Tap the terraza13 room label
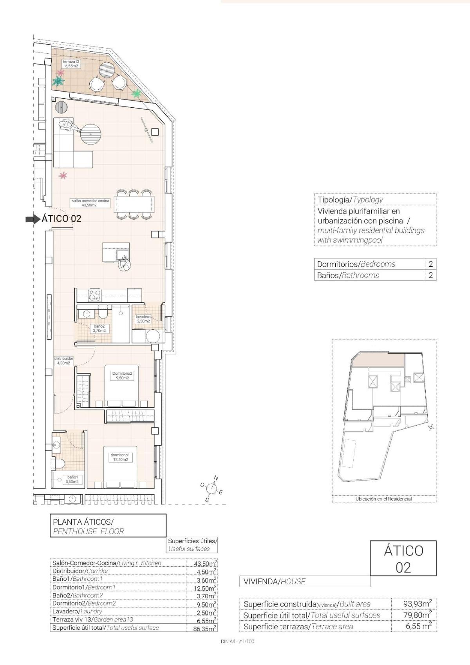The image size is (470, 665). coord(71,64)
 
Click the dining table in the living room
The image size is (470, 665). coord(134,204)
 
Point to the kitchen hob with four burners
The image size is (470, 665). coord(94,295)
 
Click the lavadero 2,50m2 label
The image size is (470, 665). coord(143,319)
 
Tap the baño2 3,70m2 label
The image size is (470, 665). coord(99,328)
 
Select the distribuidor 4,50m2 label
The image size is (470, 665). coord(63,361)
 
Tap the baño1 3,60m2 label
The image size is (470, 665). coord(72,479)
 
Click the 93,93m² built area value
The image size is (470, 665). coord(417,604)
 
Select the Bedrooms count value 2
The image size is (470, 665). coord(430,264)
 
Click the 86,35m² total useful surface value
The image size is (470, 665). coord(205,628)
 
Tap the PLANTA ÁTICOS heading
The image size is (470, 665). coord(83,522)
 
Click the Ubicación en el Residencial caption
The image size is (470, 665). coord(383,499)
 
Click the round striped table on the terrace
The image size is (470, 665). coord(107,70)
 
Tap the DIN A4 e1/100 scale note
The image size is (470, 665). coord(237,642)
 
